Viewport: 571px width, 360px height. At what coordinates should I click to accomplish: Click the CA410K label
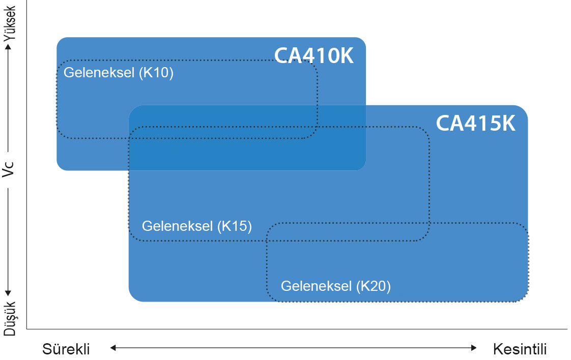coord(313,55)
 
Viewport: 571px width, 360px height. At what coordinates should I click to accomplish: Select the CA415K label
coord(475,124)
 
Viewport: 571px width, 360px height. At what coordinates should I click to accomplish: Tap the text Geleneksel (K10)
coord(119,73)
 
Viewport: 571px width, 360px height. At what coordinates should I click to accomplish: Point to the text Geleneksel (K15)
coord(197,226)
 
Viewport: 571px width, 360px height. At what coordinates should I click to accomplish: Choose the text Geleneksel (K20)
coord(336,286)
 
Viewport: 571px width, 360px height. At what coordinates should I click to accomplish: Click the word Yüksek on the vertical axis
coord(10,23)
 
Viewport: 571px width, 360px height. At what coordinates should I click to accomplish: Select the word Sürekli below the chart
coord(66,349)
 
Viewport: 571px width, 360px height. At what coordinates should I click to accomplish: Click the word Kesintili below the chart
coord(520,349)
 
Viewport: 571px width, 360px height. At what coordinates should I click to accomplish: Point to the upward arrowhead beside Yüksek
coord(8,47)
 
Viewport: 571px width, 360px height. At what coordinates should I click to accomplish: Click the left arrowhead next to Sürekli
coord(113,348)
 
